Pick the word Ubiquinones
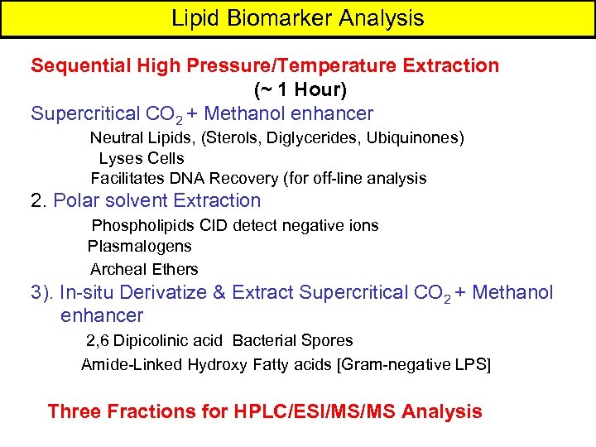[412, 137]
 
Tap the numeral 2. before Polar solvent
[39, 200]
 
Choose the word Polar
[76, 200]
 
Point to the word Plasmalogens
[139, 246]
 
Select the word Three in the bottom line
[77, 411]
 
